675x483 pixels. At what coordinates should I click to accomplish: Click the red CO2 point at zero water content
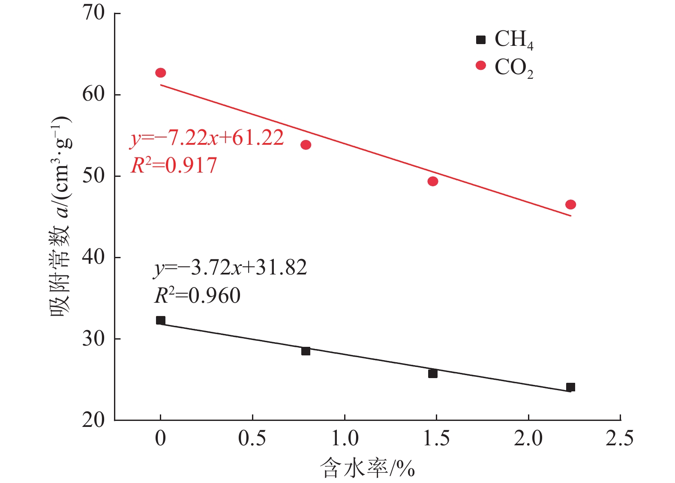[x=161, y=73]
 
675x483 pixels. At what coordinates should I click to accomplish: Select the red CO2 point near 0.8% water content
[x=306, y=145]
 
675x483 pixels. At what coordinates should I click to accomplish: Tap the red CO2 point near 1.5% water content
[x=433, y=182]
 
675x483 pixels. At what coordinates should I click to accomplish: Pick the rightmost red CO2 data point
[x=570, y=205]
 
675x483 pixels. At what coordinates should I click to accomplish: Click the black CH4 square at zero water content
[x=161, y=320]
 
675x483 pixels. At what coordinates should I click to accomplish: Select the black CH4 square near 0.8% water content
[x=306, y=351]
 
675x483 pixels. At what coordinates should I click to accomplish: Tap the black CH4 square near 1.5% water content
[x=433, y=374]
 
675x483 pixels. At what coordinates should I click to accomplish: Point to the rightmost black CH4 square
[x=570, y=388]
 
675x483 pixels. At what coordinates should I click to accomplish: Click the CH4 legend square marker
[x=481, y=40]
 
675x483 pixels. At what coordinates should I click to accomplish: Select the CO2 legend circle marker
[x=481, y=66]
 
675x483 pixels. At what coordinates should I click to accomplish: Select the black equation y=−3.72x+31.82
[x=231, y=268]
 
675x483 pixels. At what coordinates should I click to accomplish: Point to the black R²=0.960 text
[x=197, y=296]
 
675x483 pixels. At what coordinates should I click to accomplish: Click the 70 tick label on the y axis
[x=94, y=13]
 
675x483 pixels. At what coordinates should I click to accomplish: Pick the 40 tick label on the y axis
[x=94, y=257]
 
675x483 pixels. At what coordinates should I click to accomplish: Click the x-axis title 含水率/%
[x=367, y=468]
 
